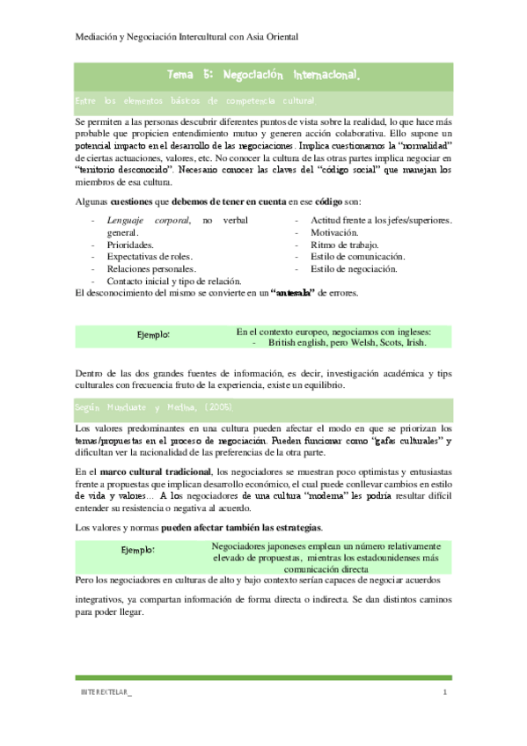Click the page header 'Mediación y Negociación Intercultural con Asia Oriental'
point(185,37)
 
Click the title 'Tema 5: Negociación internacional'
point(263,76)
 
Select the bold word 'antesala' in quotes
point(299,292)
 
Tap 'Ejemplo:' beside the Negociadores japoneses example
point(138,550)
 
